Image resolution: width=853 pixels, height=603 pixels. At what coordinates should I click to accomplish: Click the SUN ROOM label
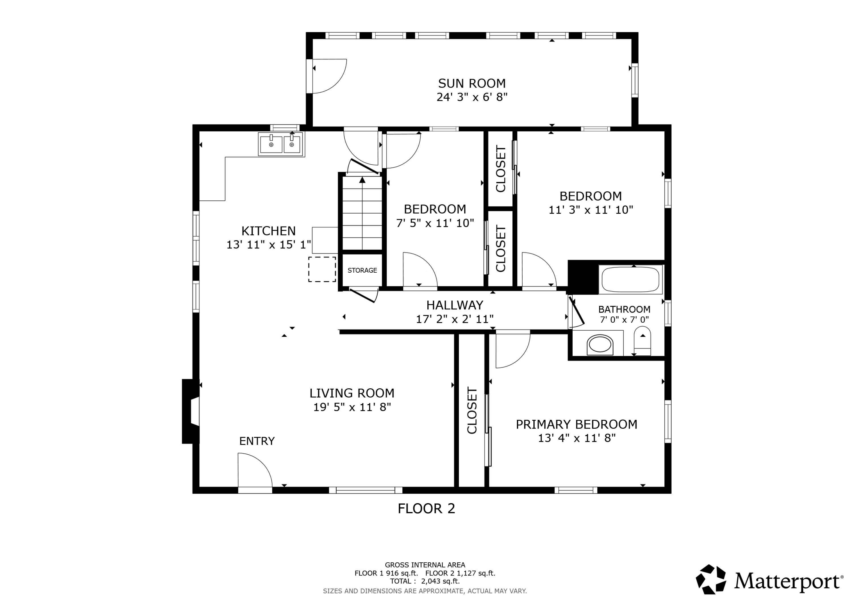coord(472,83)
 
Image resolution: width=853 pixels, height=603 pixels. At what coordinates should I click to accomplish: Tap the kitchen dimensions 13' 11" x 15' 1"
coord(269,245)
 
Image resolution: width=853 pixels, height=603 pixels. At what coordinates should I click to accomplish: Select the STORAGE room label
coord(362,270)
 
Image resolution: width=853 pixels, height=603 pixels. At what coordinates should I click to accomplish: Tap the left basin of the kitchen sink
coord(271,144)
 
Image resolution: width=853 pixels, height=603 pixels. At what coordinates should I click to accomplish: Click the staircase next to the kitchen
coord(362,213)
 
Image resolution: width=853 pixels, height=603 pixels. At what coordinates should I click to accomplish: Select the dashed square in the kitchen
coord(322,269)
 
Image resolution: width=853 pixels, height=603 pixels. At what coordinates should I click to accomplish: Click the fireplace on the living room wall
coord(191,411)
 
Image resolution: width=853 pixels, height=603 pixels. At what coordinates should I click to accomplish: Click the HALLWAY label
coord(455,305)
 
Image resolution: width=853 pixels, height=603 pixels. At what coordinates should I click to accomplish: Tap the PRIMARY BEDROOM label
coord(577,424)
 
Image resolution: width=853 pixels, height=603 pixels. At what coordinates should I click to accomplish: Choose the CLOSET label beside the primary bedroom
coord(472,410)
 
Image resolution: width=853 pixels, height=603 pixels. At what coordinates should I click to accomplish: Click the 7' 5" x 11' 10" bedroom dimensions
coord(435,223)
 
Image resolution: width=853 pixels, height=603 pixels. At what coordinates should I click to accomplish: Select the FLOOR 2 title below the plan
coord(426,508)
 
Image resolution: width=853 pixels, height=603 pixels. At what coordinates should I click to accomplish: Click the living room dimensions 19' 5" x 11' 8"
coord(352,407)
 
